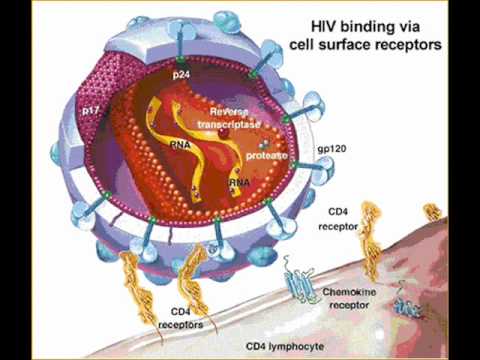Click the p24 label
[181, 75]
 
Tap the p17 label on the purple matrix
[90, 110]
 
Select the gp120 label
[332, 149]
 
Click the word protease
[266, 156]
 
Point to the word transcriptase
[229, 125]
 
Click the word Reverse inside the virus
[229, 111]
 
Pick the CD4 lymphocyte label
[285, 346]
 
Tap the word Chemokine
[349, 292]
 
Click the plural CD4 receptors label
[180, 318]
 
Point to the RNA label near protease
[239, 182]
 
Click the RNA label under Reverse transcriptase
[180, 145]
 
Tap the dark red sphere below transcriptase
[224, 134]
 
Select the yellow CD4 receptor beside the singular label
[370, 240]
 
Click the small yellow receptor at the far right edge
[432, 212]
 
